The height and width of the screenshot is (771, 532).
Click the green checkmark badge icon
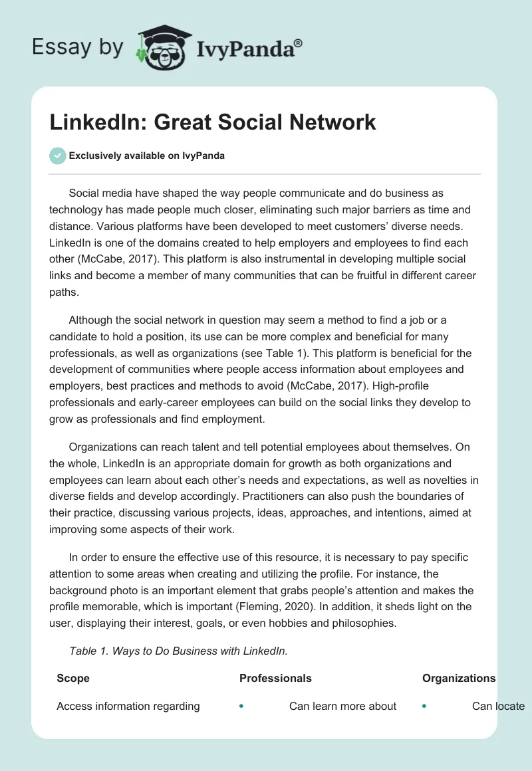[57, 156]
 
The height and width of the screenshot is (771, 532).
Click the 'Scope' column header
[73, 678]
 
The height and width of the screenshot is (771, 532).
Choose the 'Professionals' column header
[275, 678]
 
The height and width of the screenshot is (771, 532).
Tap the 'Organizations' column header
[459, 678]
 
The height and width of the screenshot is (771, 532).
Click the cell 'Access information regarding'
[128, 706]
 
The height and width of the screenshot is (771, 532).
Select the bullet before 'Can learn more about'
[241, 706]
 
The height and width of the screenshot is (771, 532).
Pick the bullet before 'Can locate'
[424, 706]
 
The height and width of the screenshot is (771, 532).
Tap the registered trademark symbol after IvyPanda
[299, 42]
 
